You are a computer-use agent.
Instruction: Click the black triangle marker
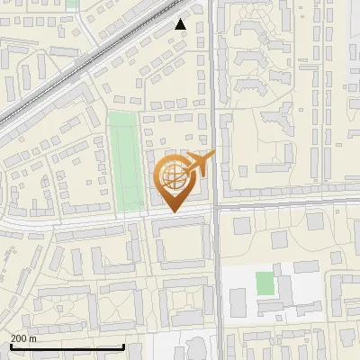(x=181, y=24)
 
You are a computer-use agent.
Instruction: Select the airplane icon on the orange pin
(x=200, y=164)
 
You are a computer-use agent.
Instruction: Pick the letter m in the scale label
(x=33, y=338)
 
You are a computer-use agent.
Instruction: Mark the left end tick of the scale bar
(x=10, y=345)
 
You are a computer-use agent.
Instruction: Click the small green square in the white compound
(x=264, y=283)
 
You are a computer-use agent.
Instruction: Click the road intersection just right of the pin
(x=216, y=208)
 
